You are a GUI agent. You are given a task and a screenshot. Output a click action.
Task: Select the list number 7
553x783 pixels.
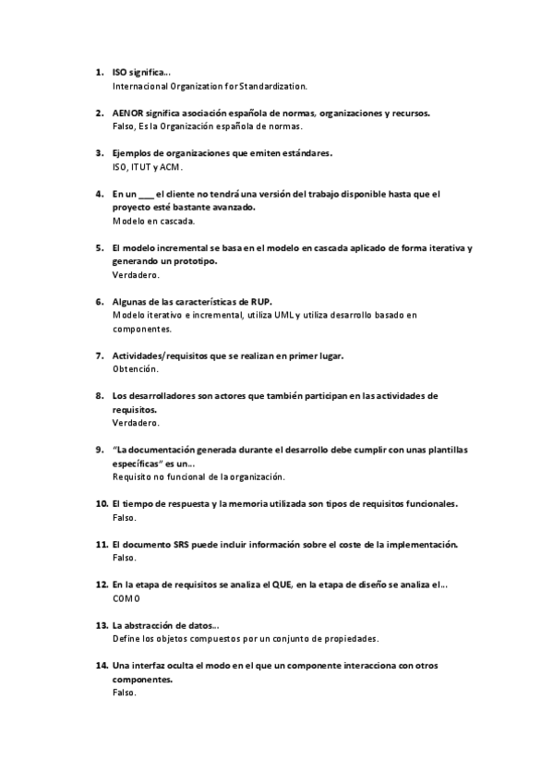pyautogui.click(x=100, y=355)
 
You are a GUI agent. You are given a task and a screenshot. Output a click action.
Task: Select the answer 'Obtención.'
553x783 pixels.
pyautogui.click(x=135, y=369)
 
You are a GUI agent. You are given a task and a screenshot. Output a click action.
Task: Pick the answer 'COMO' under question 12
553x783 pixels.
pyautogui.click(x=125, y=598)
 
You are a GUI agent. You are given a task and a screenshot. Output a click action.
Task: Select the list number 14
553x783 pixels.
pyautogui.click(x=101, y=666)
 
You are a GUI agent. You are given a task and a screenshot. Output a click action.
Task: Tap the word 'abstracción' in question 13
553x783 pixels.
pyautogui.click(x=156, y=625)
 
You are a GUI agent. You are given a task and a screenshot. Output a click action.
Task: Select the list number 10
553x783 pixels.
pyautogui.click(x=101, y=504)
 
